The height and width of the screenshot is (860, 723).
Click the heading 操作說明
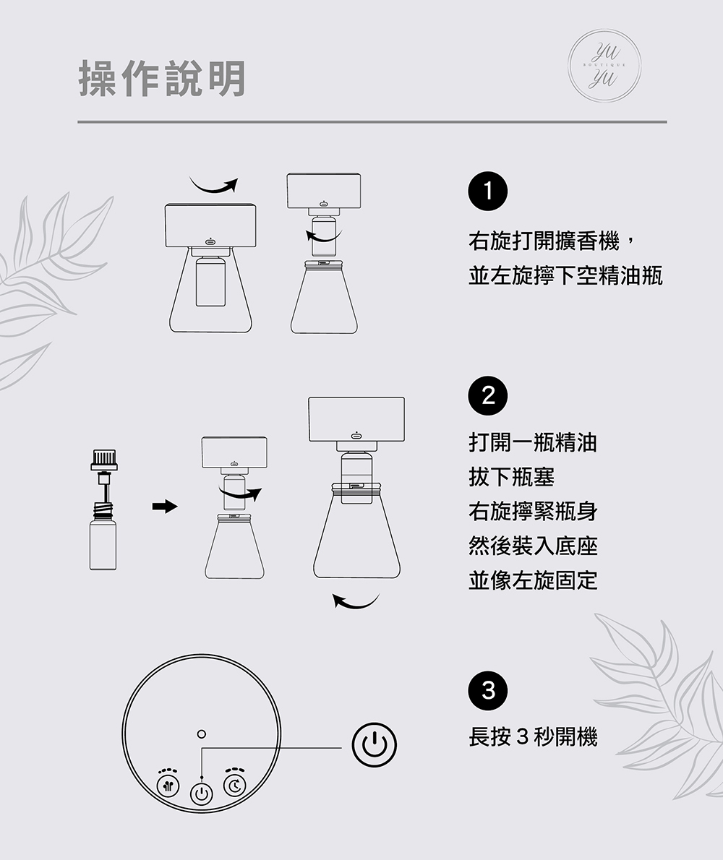[163, 79]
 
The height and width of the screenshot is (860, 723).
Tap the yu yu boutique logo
[604, 65]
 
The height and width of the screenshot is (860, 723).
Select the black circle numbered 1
[488, 192]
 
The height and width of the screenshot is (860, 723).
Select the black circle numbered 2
[488, 396]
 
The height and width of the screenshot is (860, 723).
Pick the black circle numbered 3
[488, 690]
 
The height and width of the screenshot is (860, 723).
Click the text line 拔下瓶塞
[511, 477]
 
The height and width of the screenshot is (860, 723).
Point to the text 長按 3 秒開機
[533, 736]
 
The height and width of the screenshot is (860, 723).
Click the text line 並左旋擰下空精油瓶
[565, 275]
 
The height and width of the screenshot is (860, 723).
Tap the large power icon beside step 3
[374, 745]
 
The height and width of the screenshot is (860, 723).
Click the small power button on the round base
[202, 794]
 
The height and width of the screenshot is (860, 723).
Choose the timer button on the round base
[235, 786]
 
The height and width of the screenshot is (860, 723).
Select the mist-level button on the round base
[168, 786]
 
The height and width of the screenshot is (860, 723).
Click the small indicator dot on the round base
[201, 734]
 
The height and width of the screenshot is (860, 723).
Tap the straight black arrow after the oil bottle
[165, 506]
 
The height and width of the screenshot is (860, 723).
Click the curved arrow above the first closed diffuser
[214, 186]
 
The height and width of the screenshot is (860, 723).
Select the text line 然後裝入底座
[533, 546]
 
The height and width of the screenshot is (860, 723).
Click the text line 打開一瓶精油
[533, 442]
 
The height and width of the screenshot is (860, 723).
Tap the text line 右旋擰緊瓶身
[533, 511]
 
